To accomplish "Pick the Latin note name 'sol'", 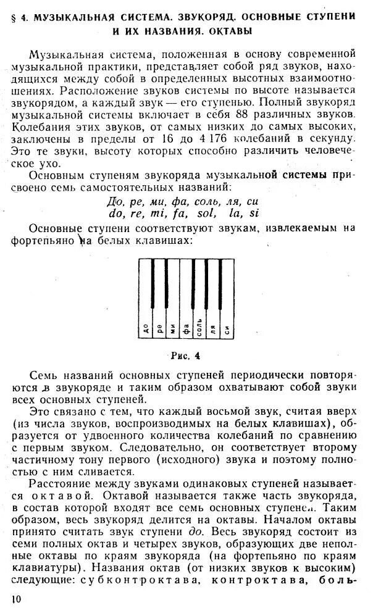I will (206, 214).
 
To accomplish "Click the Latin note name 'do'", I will (115, 214).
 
